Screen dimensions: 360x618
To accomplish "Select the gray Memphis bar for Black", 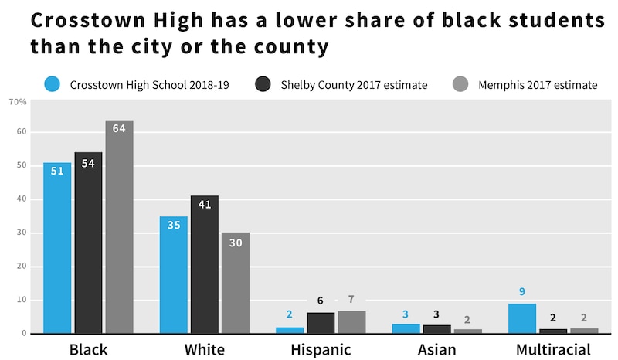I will (x=119, y=228).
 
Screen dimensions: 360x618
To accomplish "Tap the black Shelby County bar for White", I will (x=205, y=264).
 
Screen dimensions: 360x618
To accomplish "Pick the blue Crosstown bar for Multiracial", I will (x=521, y=318).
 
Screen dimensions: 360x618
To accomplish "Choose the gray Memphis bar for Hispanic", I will (x=351, y=322).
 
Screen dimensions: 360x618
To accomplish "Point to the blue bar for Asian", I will (x=406, y=329).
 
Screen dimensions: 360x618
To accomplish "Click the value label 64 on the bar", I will (x=119, y=128).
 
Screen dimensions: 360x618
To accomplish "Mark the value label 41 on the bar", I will (x=205, y=204).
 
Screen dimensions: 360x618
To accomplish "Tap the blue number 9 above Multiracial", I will (x=521, y=292).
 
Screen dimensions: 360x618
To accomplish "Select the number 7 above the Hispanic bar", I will (x=351, y=300).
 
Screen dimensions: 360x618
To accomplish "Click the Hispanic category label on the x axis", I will (x=321, y=349).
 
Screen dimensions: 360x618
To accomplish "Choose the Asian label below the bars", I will (x=436, y=349).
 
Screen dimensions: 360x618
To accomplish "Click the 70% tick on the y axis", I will (x=17, y=102).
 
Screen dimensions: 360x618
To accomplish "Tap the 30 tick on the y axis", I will (x=22, y=233).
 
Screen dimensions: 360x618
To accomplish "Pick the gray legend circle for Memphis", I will (x=460, y=84).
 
